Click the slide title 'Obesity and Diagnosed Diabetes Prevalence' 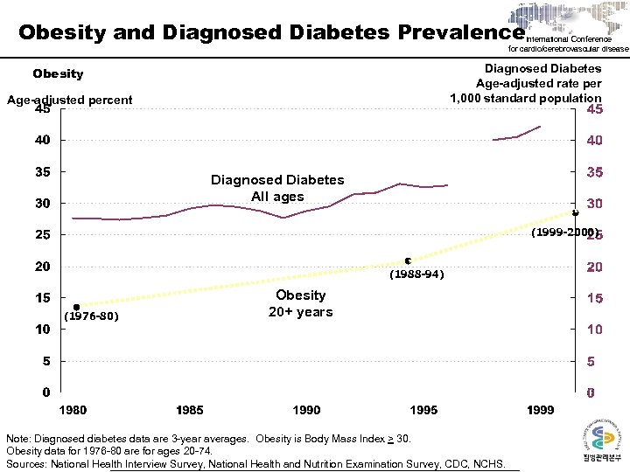(x=271, y=33)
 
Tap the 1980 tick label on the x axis (x=73, y=410)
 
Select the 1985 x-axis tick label (x=190, y=410)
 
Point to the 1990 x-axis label (x=306, y=410)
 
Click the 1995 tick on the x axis (x=424, y=410)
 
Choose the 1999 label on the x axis (x=541, y=410)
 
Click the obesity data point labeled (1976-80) (x=77, y=307)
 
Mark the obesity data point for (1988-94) (x=409, y=260)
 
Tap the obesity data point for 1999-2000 (x=575, y=212)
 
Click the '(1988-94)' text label (x=416, y=274)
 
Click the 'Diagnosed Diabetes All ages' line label (x=277, y=188)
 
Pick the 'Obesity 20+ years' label (x=300, y=303)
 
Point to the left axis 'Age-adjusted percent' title (x=70, y=100)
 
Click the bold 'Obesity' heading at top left (x=58, y=74)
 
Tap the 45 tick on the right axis (x=594, y=111)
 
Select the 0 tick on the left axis (x=43, y=392)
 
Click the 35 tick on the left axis (x=43, y=172)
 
